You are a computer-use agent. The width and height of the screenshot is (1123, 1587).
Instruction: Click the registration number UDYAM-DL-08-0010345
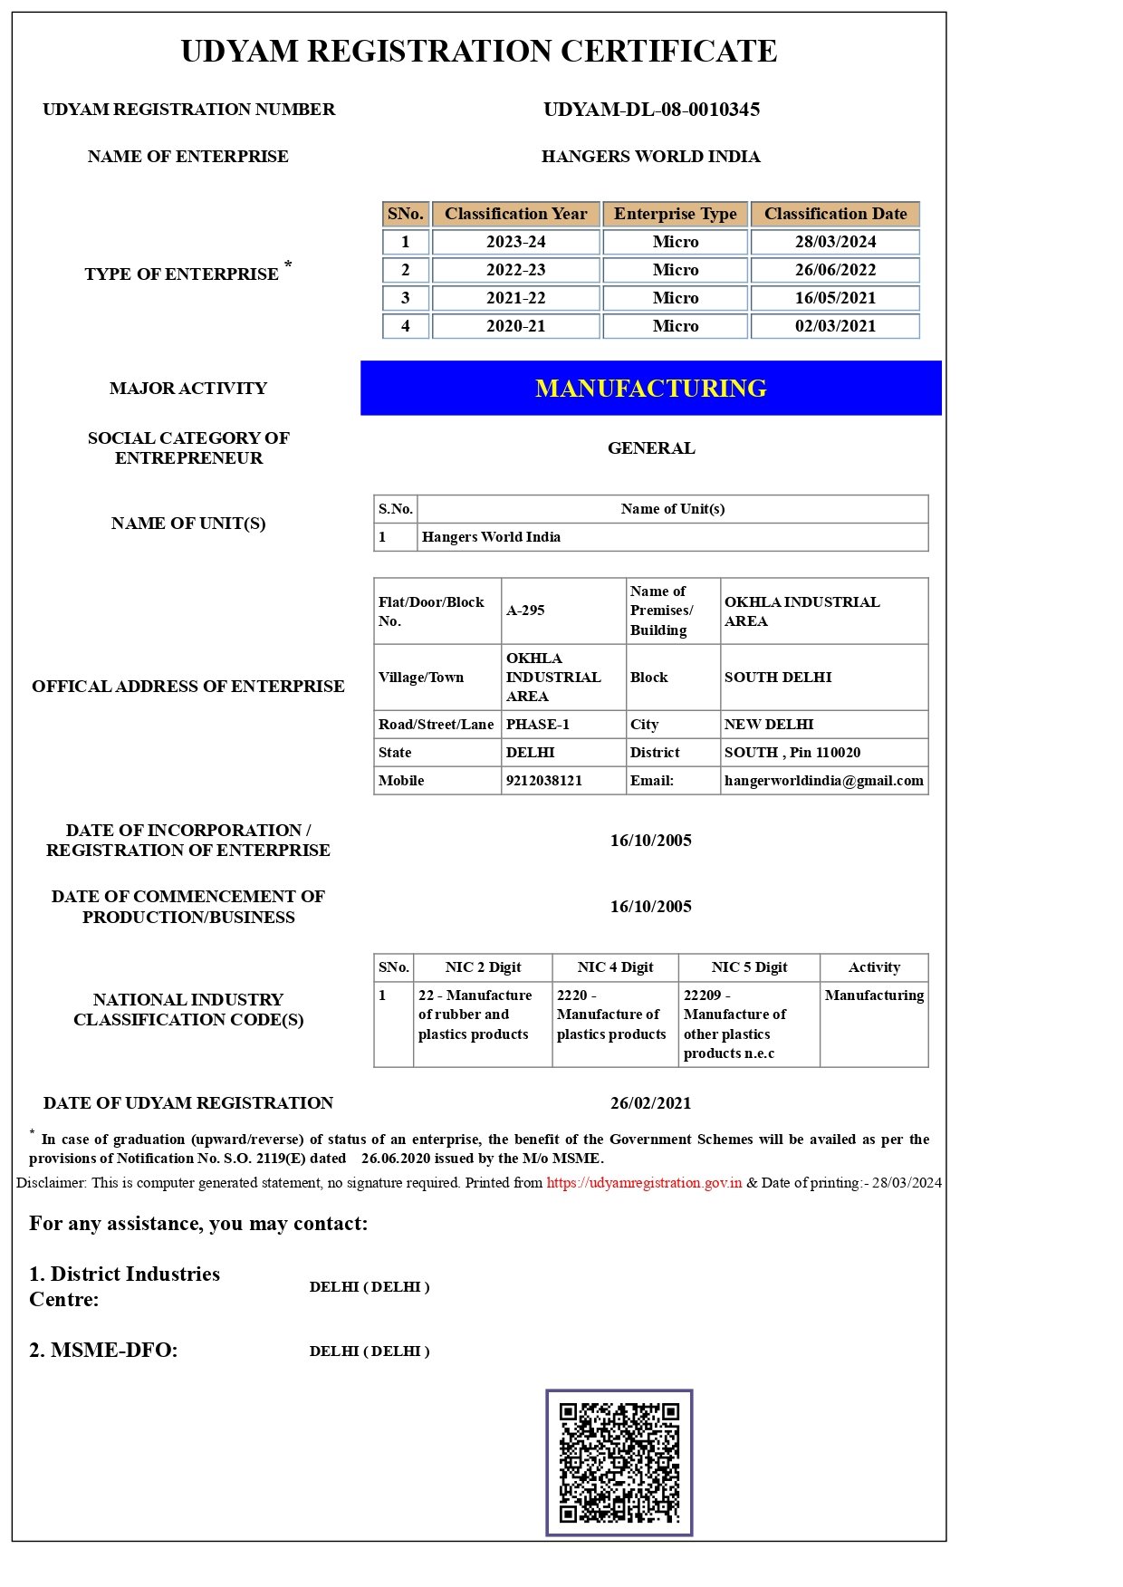pos(651,110)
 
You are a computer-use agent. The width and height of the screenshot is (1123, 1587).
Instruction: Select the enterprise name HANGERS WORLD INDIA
pos(650,157)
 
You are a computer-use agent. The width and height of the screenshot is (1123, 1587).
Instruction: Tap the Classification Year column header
pos(515,214)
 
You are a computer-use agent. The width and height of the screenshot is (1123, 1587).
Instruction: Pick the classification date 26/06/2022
pos(835,270)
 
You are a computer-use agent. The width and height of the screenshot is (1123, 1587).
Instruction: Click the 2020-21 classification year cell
pos(515,326)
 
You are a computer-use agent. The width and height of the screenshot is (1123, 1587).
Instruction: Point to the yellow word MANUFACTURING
pos(650,389)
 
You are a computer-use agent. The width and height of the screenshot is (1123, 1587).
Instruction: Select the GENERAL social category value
pos(650,448)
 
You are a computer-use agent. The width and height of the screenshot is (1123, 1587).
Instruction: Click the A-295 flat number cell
pos(526,611)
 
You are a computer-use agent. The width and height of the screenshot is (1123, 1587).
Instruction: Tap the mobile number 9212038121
pos(543,781)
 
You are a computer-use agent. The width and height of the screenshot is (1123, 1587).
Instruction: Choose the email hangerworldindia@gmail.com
pos(823,781)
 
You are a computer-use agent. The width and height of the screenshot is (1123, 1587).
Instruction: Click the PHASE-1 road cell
pos(538,725)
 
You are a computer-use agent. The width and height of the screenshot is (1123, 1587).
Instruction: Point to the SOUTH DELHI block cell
pos(777,678)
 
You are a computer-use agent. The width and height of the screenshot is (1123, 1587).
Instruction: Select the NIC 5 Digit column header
pos(749,967)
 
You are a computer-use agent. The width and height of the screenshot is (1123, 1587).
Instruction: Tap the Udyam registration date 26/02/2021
pos(650,1103)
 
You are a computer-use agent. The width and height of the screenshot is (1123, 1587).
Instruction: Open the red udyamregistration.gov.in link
pos(644,1183)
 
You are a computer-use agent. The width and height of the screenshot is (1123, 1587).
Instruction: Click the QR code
pos(619,1462)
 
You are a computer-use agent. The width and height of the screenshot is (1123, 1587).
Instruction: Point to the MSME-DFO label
pos(103,1351)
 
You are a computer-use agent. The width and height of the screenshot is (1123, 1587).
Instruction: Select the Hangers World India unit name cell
pos(491,537)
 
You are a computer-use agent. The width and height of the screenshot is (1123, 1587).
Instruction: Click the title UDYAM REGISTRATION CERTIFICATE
pos(478,52)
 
